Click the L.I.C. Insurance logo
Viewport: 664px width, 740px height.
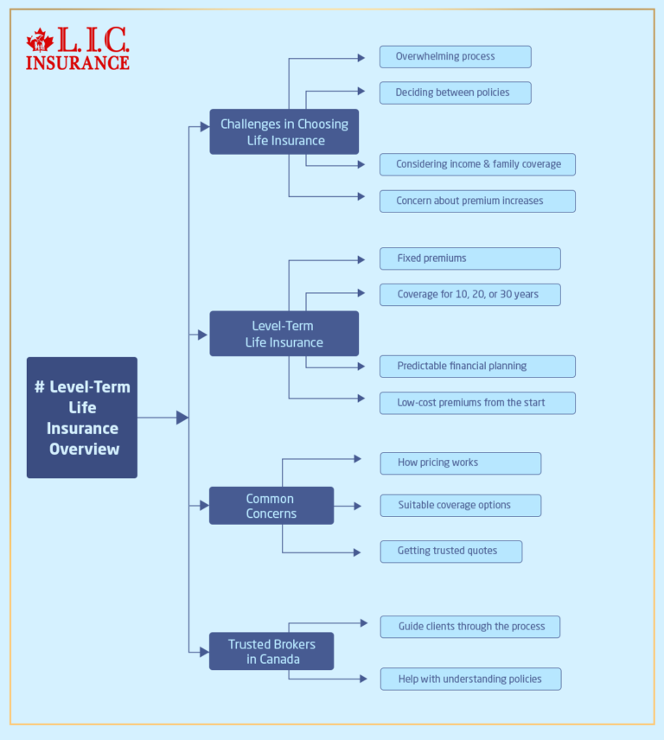78,49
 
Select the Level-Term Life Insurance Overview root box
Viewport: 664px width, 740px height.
82,418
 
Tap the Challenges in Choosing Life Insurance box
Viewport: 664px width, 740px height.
284,132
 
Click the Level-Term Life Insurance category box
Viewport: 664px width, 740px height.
284,334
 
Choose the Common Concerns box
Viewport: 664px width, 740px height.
271,506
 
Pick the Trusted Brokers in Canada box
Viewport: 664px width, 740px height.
271,651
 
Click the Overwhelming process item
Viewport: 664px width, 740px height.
455,57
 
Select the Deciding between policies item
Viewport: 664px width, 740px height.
455,92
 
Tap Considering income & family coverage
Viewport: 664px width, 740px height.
477,164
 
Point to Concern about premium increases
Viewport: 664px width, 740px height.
477,201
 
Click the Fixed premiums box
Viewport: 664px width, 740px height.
469,258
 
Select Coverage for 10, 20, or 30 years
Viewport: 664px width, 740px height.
469,295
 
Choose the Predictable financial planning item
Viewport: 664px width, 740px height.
477,367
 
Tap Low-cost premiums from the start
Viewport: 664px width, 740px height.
477,403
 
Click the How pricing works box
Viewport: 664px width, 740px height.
460,463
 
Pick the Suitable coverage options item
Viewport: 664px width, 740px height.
460,506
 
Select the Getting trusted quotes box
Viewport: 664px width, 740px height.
450,552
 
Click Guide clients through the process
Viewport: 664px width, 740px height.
469,627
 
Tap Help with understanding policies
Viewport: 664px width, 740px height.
469,679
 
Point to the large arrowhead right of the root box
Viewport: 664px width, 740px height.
182,418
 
